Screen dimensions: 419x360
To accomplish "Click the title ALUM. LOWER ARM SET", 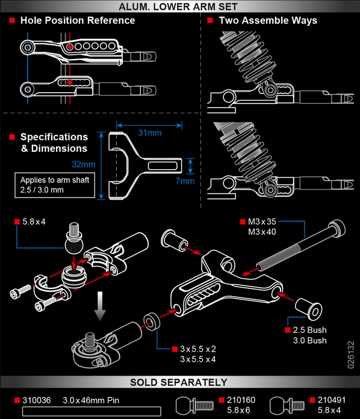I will (180, 7).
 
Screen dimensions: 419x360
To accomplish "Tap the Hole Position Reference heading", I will (78, 20).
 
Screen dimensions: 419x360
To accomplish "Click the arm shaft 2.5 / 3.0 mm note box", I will (55, 185).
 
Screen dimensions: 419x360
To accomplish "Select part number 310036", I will (37, 400).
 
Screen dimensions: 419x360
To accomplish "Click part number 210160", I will (239, 400).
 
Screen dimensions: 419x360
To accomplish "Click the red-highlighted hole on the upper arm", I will (70, 46).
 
